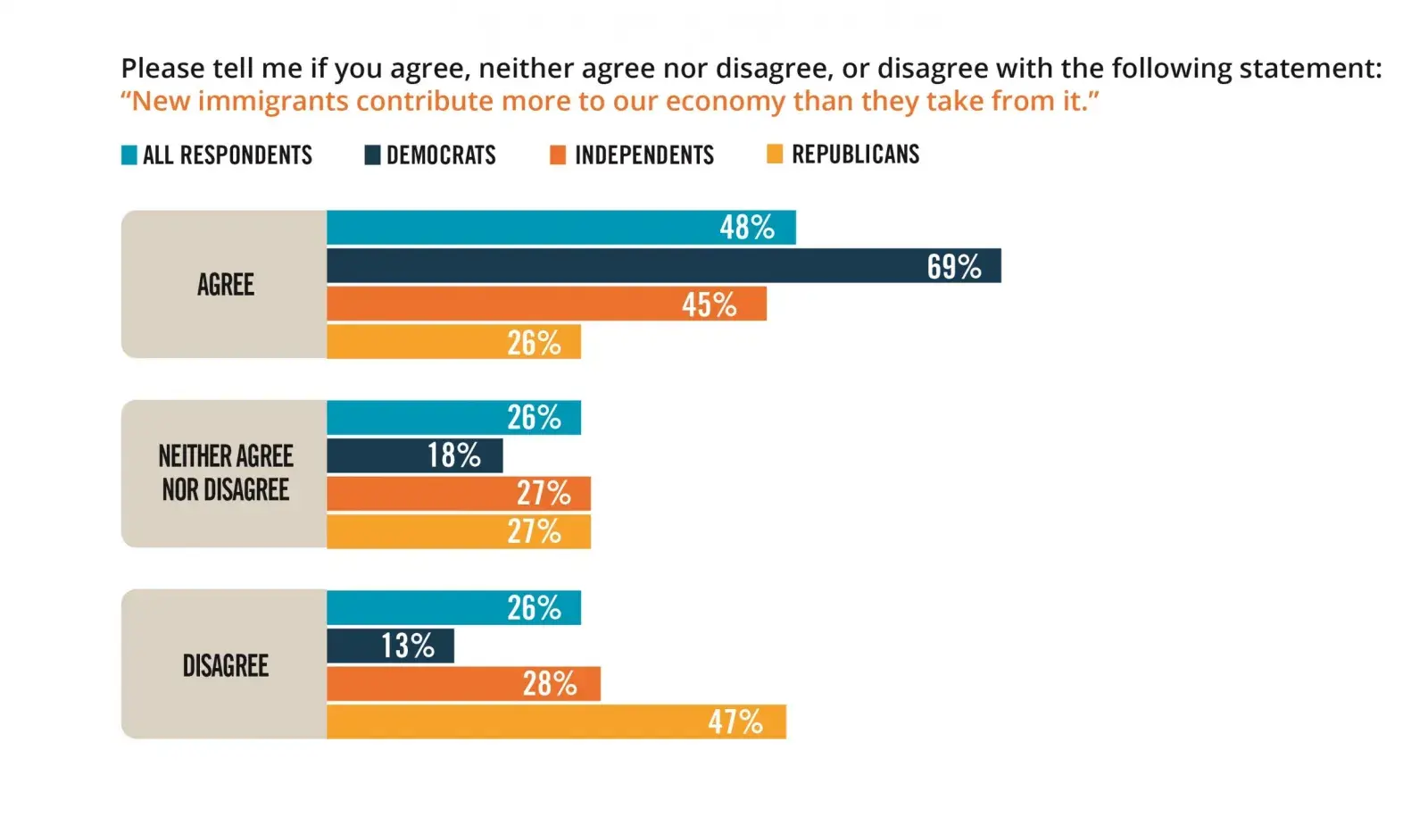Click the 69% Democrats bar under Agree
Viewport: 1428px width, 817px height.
pos(663,266)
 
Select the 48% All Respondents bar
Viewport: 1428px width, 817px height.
pos(560,228)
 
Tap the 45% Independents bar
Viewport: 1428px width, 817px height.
pos(546,304)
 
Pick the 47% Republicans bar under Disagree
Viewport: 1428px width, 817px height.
pos(556,721)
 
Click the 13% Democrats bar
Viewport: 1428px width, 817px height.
pos(390,646)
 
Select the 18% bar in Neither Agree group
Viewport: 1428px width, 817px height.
pos(414,455)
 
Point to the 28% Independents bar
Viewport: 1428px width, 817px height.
pos(463,684)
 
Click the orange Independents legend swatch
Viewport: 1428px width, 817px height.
pos(558,155)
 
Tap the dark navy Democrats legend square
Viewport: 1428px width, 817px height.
pos(372,155)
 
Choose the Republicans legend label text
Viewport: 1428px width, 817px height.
pos(855,154)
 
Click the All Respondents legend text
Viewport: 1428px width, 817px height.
pos(228,155)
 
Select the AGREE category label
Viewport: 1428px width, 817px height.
pos(226,285)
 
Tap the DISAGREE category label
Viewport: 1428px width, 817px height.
pos(226,665)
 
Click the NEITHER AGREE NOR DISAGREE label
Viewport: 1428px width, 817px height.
pos(226,473)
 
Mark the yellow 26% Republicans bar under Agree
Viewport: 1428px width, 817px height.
pos(453,342)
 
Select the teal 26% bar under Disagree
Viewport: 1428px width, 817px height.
pos(453,608)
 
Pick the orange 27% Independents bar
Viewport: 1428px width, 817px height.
pos(458,493)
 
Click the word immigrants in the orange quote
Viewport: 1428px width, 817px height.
pos(273,102)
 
